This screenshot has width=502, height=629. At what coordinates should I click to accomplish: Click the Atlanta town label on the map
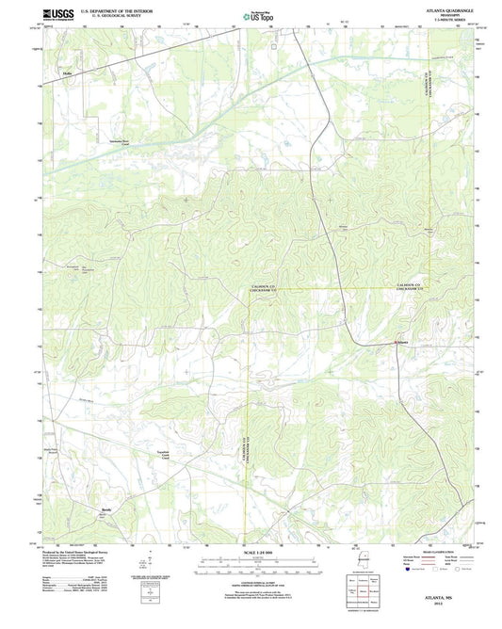tap(399, 343)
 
